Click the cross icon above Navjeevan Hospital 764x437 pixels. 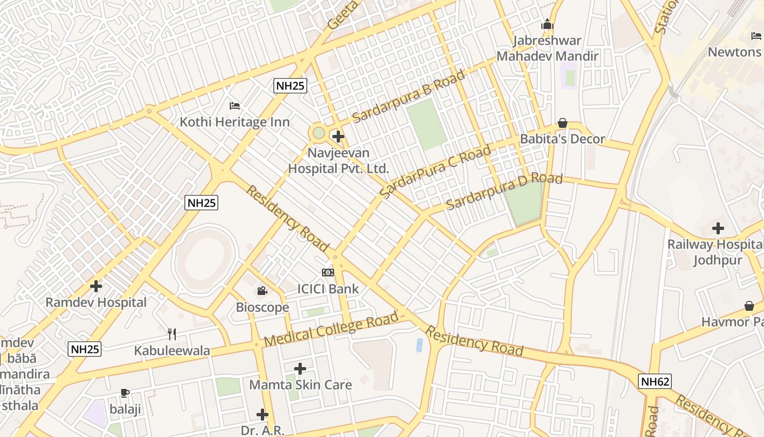click(x=338, y=136)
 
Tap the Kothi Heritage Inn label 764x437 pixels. click(x=235, y=121)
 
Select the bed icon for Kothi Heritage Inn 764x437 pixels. click(x=235, y=105)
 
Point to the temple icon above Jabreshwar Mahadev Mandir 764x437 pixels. click(x=547, y=25)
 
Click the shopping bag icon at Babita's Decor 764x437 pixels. click(x=563, y=123)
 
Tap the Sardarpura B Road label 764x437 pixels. click(x=409, y=96)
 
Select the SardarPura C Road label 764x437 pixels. click(x=435, y=172)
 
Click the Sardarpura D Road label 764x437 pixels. click(x=504, y=191)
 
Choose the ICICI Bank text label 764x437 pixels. click(x=328, y=289)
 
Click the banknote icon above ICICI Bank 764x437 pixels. click(x=328, y=273)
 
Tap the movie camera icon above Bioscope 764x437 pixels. click(x=262, y=291)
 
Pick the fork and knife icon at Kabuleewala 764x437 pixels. click(x=172, y=334)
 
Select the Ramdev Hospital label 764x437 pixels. click(x=96, y=302)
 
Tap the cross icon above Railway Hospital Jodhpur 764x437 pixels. click(x=718, y=228)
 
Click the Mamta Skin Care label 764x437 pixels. click(x=300, y=385)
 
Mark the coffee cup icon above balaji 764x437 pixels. click(x=125, y=393)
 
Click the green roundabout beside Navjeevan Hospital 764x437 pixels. click(x=319, y=133)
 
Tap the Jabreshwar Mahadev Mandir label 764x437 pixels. click(x=547, y=48)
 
